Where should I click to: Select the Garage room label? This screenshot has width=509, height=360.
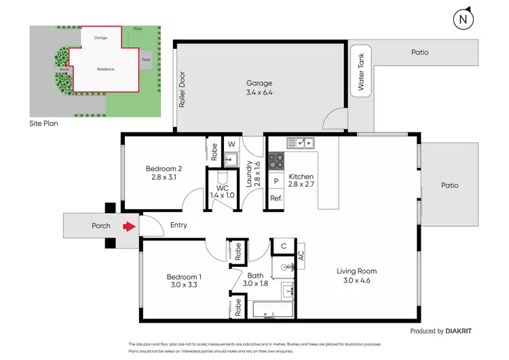point(260,84)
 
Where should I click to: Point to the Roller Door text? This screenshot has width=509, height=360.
point(182,91)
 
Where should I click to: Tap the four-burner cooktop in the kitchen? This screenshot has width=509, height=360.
point(277,161)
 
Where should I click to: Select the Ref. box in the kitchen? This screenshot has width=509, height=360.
point(276,198)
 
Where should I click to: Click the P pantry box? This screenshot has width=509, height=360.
point(276,182)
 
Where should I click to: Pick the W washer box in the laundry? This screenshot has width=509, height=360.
point(231,144)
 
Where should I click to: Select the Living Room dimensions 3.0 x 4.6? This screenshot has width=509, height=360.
point(356,280)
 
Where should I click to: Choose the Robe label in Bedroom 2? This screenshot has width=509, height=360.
point(214,149)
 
